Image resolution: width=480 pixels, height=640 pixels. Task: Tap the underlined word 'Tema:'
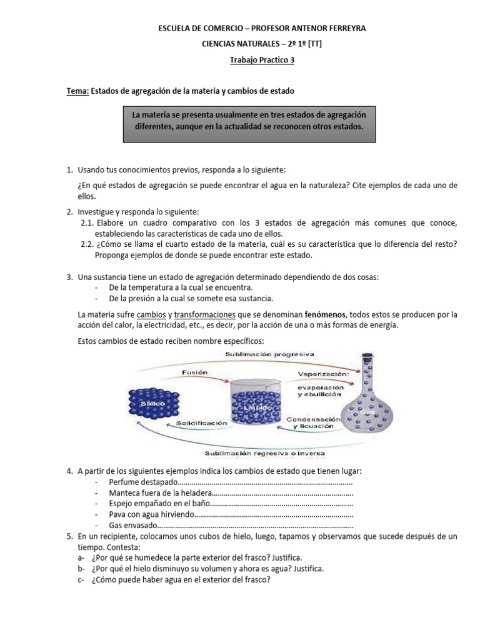[77, 91]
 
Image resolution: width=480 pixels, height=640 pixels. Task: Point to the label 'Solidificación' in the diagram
[201, 423]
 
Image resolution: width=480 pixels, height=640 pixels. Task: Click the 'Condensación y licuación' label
[312, 422]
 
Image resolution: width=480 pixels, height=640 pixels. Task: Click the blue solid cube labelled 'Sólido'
[152, 404]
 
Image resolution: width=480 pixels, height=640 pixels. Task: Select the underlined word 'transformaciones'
[204, 314]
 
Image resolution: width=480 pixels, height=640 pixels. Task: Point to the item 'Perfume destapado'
[142, 482]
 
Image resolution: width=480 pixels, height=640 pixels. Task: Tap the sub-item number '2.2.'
[87, 244]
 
